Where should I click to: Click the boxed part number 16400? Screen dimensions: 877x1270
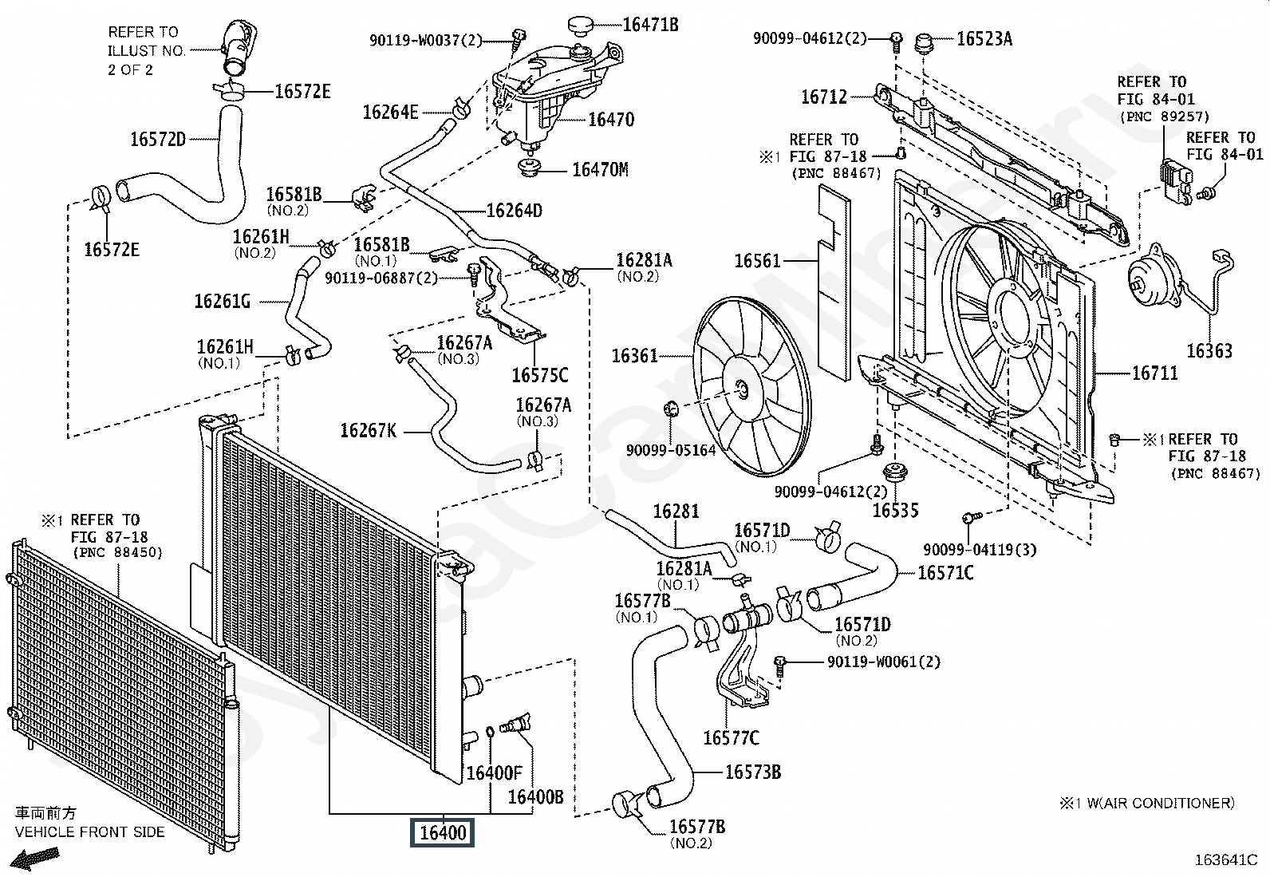[x=442, y=833]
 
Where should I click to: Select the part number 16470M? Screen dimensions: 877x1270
[x=600, y=170]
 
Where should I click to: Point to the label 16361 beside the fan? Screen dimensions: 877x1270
[x=634, y=355]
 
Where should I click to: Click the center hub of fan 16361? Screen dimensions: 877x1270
[x=741, y=389]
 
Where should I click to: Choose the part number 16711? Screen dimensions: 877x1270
[x=1154, y=373]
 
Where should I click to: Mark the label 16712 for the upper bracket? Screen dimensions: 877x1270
[x=824, y=97]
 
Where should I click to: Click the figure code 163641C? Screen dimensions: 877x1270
[x=1225, y=860]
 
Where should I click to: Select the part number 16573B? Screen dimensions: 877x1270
[x=752, y=772]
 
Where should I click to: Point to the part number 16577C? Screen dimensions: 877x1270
[x=731, y=737]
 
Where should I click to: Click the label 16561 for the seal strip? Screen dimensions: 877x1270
[x=757, y=261]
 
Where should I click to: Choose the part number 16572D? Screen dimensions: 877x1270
[x=158, y=140]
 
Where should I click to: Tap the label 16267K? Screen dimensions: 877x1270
[x=368, y=431]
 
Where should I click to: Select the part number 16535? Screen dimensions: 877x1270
[x=895, y=511]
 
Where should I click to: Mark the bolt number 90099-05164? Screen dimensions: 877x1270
[x=671, y=450]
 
